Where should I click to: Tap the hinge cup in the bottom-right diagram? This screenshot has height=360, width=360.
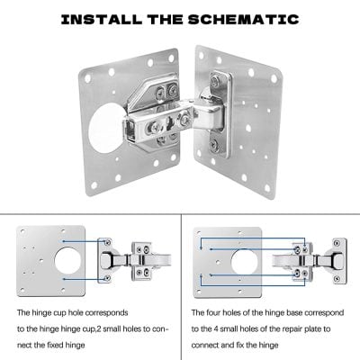[297, 261]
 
